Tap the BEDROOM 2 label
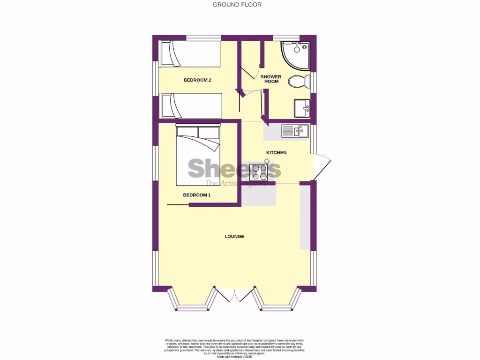[197, 80]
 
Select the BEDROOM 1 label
[196, 195]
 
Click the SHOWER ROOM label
[271, 79]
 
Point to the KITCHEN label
[276, 153]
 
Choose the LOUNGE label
[234, 236]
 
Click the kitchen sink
[294, 131]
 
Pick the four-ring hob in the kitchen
[259, 172]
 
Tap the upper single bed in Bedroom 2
[190, 54]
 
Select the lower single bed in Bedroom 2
[190, 105]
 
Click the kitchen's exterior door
[322, 166]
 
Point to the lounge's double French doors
[234, 294]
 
